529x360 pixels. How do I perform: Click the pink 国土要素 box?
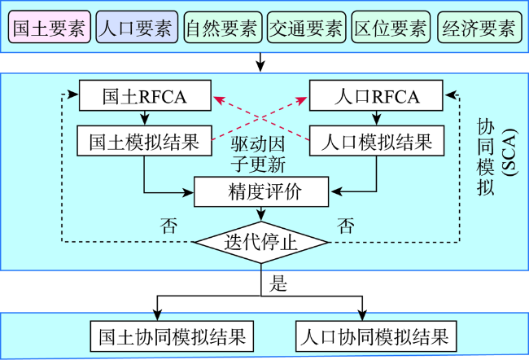50,27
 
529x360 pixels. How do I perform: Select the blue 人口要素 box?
137,27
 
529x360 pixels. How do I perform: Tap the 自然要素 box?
223,27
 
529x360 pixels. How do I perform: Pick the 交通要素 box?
306,27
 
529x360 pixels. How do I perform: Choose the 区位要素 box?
391,27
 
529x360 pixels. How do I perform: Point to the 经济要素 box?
479,27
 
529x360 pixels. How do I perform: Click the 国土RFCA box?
145,95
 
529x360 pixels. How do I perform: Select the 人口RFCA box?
376,95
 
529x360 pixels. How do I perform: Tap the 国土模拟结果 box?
144,141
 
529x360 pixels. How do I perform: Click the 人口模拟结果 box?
377,141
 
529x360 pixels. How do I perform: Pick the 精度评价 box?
261,191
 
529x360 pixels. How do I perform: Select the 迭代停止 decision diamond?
261,242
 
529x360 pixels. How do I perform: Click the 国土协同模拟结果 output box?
172,336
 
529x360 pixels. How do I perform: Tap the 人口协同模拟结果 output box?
376,336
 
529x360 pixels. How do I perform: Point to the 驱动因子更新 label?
259,154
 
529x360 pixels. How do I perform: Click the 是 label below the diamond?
278,283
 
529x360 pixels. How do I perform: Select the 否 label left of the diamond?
168,226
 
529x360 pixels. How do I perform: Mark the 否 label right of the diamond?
346,226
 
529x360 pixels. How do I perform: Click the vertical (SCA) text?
509,152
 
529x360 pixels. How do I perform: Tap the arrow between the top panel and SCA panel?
260,62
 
